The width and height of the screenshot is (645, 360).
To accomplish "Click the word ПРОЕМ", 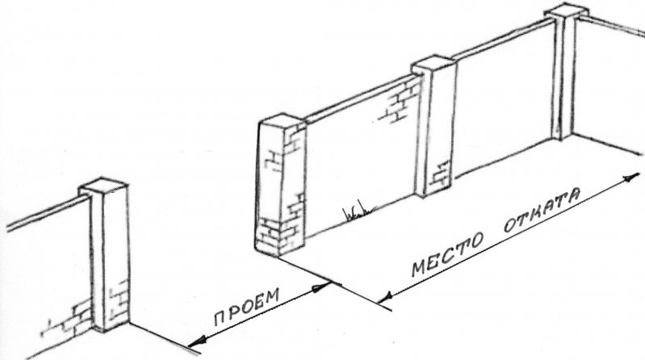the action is coord(247,307).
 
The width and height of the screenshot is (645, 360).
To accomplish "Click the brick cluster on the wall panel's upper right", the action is coord(400,102).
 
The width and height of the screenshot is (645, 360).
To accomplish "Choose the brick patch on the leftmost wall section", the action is coord(68,320).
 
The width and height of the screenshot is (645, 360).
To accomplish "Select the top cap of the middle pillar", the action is coord(434,67).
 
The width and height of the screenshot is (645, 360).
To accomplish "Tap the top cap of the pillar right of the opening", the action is coord(284,122).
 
